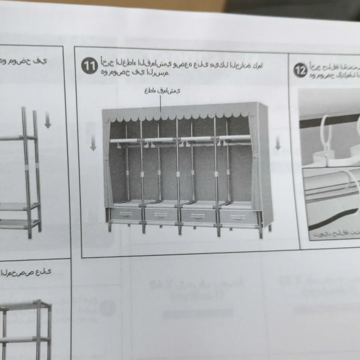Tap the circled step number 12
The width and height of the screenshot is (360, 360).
(300, 70)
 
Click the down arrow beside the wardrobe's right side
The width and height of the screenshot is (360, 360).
(277, 143)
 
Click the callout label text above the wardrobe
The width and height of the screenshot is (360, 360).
(162, 91)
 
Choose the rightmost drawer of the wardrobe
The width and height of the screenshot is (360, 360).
(238, 217)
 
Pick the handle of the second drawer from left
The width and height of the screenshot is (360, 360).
(161, 215)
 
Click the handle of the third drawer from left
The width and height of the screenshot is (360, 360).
(198, 216)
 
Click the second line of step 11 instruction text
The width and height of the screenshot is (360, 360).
(135, 73)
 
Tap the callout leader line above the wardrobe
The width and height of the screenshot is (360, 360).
(161, 104)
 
